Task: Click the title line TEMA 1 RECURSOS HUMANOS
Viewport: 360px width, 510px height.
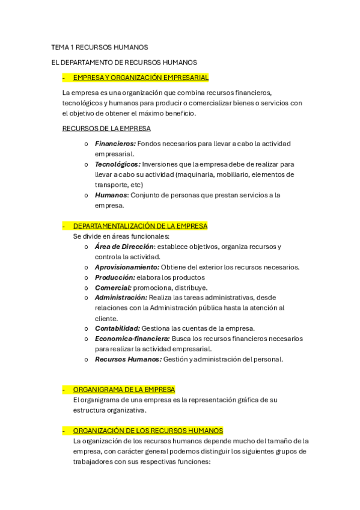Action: (99, 47)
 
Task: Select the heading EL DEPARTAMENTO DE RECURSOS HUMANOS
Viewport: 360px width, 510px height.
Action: (124, 62)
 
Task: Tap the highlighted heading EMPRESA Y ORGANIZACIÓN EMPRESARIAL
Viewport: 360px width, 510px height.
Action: (141, 78)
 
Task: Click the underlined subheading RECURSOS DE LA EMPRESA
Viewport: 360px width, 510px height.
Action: (106, 128)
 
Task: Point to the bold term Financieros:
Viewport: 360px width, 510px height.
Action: (115, 144)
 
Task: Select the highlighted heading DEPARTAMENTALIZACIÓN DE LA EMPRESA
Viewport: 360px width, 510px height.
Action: (140, 226)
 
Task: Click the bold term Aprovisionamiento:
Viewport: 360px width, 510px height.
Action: (127, 267)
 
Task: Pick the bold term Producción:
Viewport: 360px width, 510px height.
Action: (115, 277)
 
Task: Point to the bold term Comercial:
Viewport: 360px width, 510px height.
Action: (113, 287)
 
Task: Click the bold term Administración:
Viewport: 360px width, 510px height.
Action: (121, 298)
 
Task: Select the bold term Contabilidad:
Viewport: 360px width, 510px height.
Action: (117, 328)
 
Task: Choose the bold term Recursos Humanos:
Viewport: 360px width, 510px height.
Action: (128, 359)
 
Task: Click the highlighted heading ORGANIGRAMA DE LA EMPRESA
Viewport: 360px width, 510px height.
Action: (124, 390)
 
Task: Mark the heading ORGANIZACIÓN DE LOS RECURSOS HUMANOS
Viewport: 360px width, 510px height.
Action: (148, 431)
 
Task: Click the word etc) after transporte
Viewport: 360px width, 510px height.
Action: (136, 185)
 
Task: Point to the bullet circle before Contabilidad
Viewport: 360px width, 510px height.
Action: (87, 328)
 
